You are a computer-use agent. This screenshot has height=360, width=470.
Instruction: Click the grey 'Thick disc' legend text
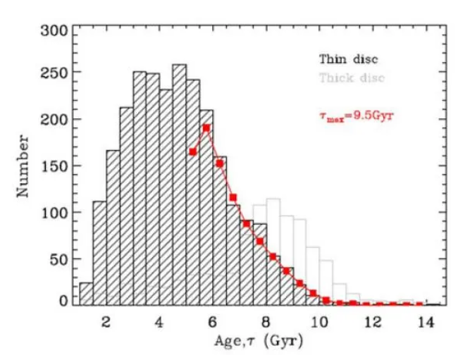point(352,77)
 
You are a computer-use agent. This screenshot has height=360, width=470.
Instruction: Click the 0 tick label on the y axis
point(64,301)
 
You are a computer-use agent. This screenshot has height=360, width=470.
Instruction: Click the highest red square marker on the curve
point(206,128)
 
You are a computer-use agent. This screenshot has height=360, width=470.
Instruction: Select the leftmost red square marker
point(193,151)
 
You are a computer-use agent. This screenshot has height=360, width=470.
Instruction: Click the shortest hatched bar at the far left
point(86,294)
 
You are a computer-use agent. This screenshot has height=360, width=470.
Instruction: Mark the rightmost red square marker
point(420,304)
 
